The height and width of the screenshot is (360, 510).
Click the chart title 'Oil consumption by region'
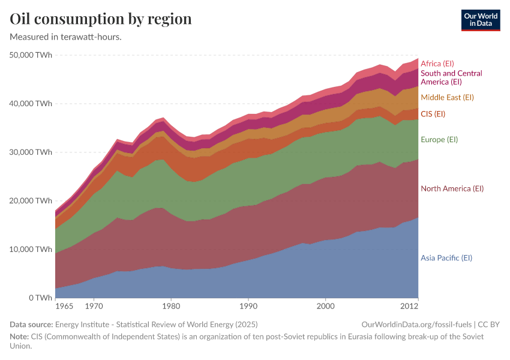[101, 19]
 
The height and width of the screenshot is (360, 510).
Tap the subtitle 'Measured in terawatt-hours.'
[66, 37]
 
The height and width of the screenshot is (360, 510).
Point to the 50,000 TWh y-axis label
[31, 55]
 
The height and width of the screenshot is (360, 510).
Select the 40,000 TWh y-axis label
[31, 104]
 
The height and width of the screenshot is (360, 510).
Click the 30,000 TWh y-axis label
[31, 152]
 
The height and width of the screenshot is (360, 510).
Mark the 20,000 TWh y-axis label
[31, 201]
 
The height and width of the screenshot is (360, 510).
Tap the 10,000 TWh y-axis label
[31, 250]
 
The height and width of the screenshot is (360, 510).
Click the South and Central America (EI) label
[451, 77]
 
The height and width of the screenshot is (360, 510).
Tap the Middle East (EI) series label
[447, 97]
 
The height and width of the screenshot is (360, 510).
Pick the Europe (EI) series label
[439, 140]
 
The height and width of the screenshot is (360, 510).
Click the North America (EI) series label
[452, 188]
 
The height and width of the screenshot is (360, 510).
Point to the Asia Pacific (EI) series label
[446, 258]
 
